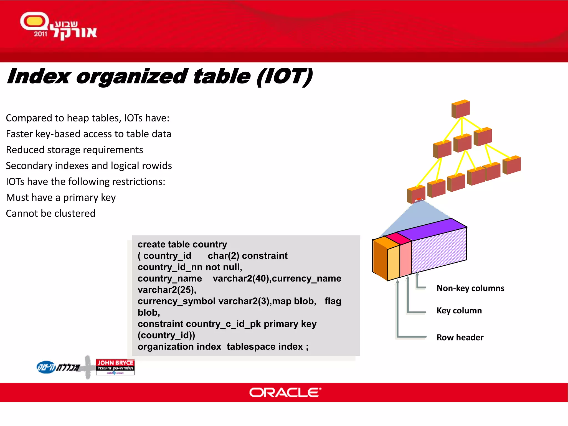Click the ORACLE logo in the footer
pos(285,392)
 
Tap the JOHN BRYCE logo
pos(115,367)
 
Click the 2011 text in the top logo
pos(40,34)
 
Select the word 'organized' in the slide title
pos(132,77)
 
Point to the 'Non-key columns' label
pos(470,288)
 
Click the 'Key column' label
pos(459,310)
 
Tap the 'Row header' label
pos(460,337)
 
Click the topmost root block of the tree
pos(461,109)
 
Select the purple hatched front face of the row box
pos(439,250)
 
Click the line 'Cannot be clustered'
pos(50,213)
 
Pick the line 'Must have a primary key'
pos(61,197)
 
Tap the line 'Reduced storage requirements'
pos(74,150)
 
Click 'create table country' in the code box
pos(182,244)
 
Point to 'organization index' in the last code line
pos(179,347)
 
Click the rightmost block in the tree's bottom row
pos(512,165)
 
